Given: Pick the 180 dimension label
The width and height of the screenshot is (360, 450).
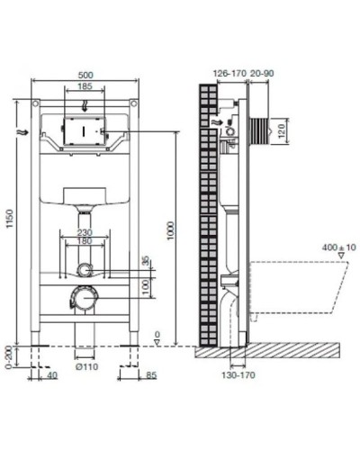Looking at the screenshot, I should click(x=85, y=241).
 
